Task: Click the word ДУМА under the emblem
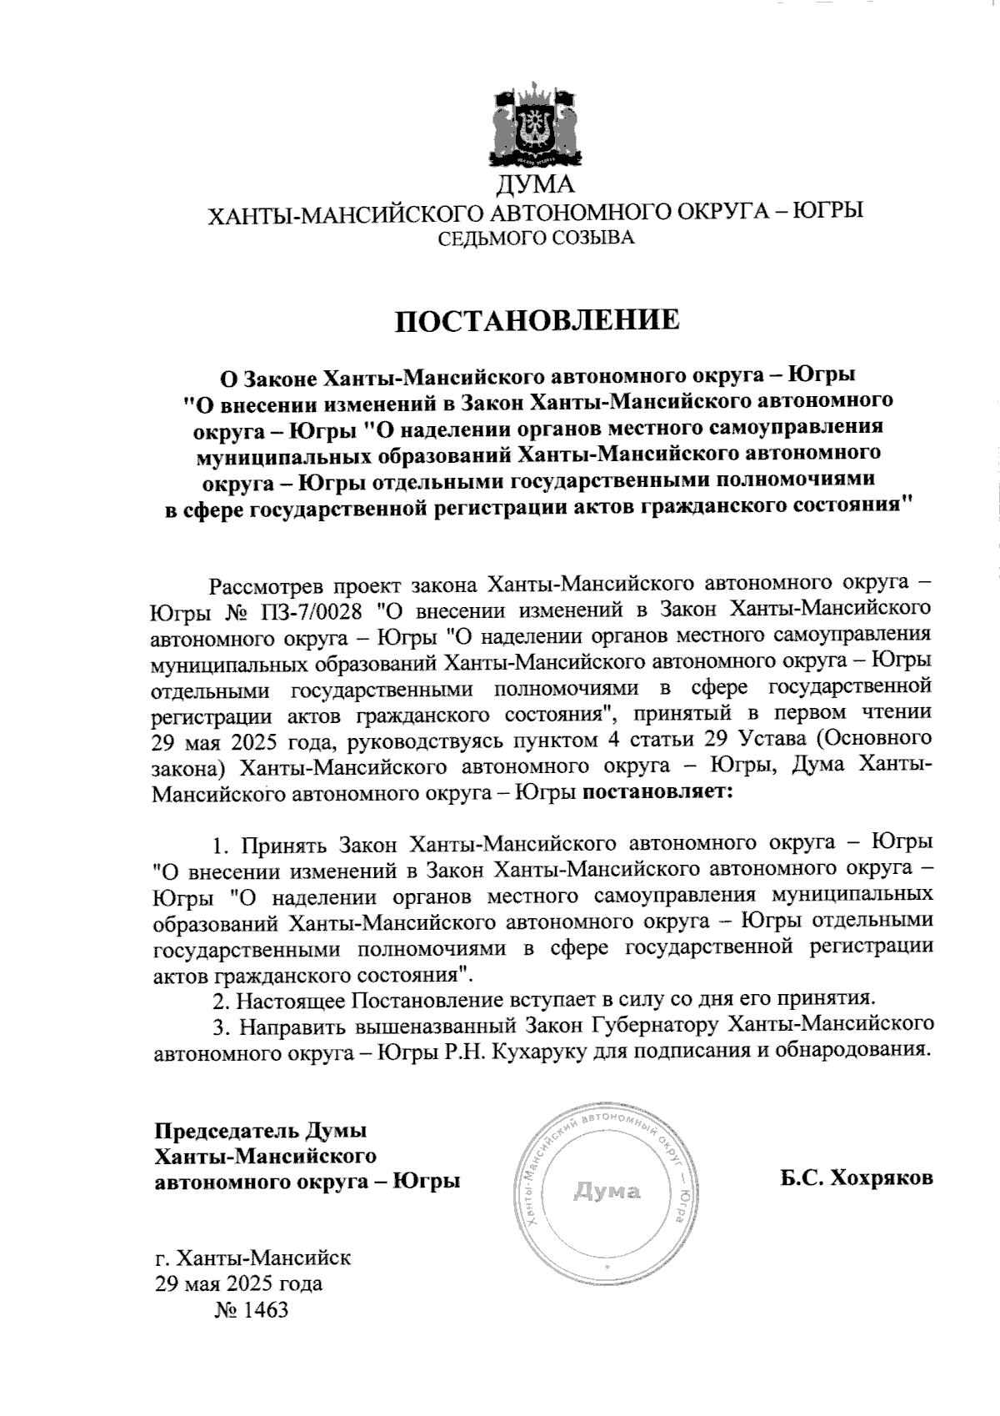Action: (535, 185)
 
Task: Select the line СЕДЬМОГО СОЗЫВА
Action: (536, 239)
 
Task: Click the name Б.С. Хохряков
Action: (857, 1178)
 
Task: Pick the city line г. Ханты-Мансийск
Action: (252, 1257)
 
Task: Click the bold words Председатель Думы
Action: (261, 1132)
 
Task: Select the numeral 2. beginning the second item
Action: (220, 998)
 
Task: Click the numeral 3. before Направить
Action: (220, 1024)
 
